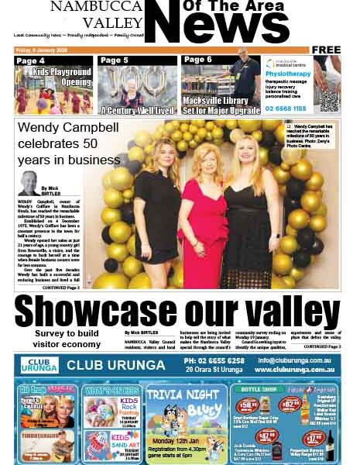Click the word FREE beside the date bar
pyautogui.click(x=327, y=50)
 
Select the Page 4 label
pyautogui.click(x=31, y=60)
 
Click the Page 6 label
pyautogui.click(x=198, y=60)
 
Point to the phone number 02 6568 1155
pyautogui.click(x=286, y=109)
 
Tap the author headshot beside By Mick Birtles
pyautogui.click(x=29, y=183)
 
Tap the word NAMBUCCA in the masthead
pyautogui.click(x=94, y=7)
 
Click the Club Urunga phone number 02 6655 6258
pyautogui.click(x=214, y=360)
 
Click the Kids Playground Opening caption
pyautogui.click(x=63, y=77)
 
